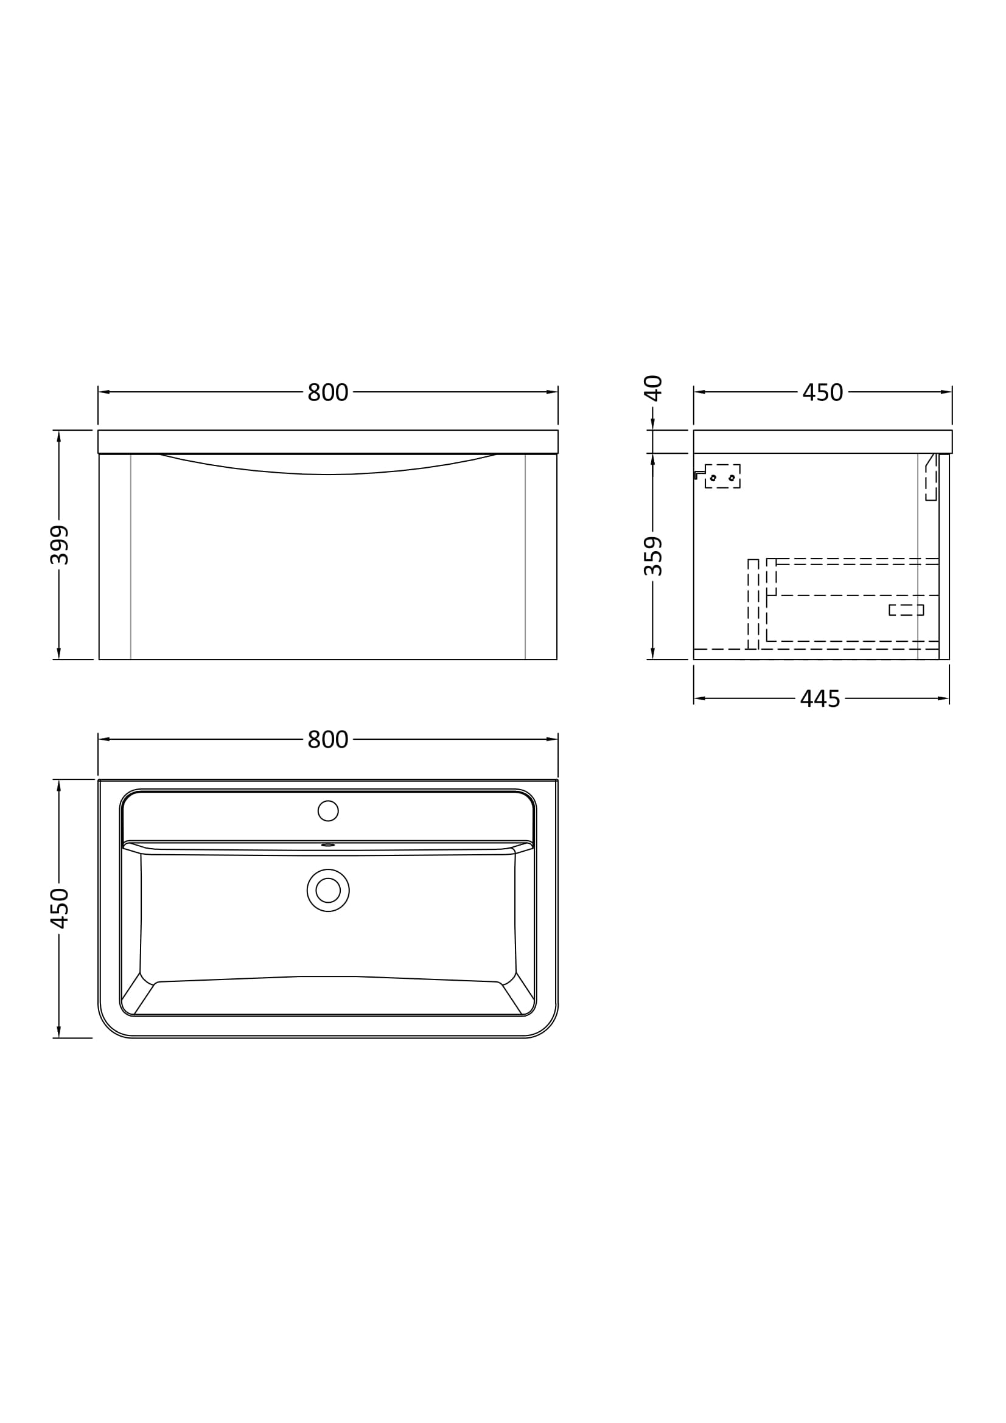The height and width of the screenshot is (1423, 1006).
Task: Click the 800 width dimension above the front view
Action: (328, 392)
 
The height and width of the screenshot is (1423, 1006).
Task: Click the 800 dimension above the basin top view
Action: (328, 739)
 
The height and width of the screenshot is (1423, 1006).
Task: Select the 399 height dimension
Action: (60, 544)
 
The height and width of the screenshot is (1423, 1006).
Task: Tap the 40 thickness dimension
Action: (653, 388)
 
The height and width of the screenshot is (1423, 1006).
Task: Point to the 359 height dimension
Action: (653, 556)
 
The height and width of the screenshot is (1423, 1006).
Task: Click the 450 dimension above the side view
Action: (823, 392)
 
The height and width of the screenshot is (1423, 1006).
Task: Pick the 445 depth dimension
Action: (820, 699)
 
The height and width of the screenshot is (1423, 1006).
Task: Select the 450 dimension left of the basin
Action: (60, 908)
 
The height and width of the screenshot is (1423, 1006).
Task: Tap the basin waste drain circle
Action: (328, 891)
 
